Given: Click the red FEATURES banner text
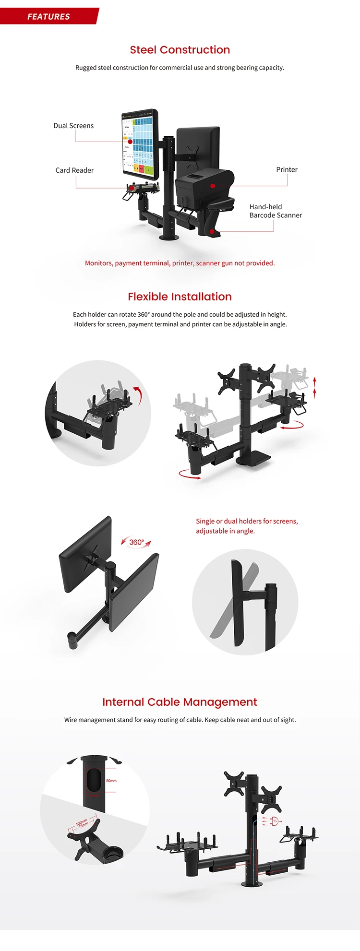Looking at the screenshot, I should point(48,16).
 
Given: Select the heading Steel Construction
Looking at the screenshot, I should point(180,50).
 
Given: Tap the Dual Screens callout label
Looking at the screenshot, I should point(73,126).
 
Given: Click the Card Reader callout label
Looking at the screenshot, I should point(74,170).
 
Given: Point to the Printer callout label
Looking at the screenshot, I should point(287,169).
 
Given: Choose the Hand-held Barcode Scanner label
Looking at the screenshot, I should point(275,211).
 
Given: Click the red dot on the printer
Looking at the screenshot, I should point(213,186).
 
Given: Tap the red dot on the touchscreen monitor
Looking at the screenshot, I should point(130,142).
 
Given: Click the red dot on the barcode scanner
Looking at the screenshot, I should point(212,231).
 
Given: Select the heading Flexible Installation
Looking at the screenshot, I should point(180,297).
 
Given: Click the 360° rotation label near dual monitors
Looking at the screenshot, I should point(136,542).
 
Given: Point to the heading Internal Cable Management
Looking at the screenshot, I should point(180,702).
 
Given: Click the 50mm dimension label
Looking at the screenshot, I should point(111,781).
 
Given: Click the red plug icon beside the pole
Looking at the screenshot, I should point(274,821).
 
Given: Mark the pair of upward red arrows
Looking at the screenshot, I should point(315,388).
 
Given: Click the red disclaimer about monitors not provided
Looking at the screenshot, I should point(180,263).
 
